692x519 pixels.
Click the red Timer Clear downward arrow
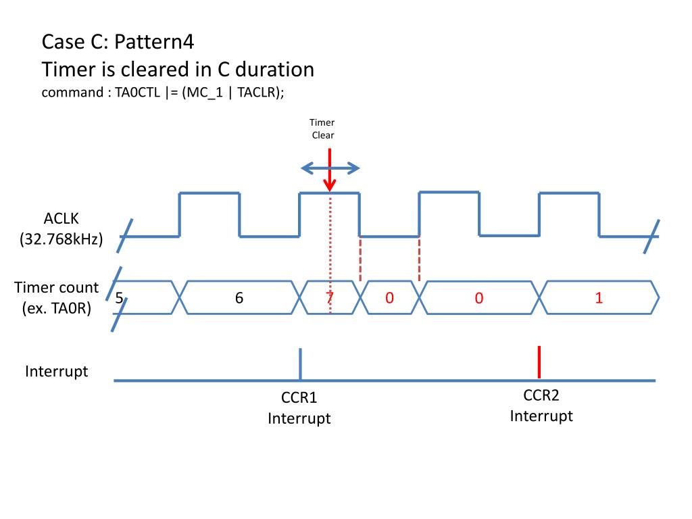pos(329,172)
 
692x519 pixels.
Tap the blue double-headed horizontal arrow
pos(329,168)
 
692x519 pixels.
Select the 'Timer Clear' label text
pos(322,128)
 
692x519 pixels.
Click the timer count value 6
pos(239,297)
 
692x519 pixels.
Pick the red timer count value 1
pos(599,297)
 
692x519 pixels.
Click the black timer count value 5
pos(119,297)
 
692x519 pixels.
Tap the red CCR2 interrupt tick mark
pos(539,362)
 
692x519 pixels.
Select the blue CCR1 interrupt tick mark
pos(300,364)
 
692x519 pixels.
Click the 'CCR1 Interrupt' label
pos(299,408)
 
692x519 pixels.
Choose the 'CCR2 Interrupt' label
pos(541,405)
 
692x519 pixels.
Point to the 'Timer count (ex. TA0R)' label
pos(57,297)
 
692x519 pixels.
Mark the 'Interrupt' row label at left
pos(57,371)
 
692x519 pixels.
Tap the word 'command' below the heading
pos(71,93)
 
